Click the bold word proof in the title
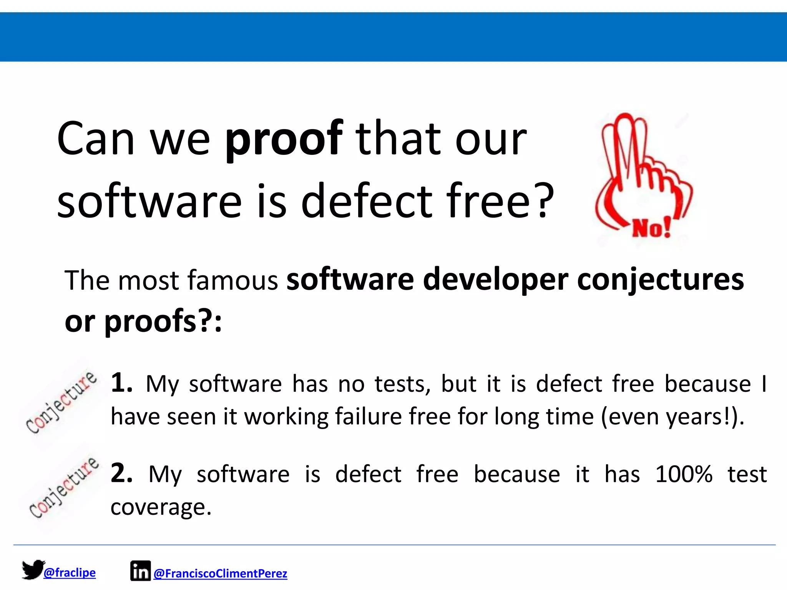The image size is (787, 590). click(284, 139)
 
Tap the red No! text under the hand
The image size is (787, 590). click(651, 228)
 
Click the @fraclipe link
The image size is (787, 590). click(70, 573)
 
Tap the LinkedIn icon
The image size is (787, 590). click(140, 571)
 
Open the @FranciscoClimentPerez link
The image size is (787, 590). click(220, 573)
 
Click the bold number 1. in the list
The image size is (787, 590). click(122, 383)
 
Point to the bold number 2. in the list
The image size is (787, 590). click(122, 473)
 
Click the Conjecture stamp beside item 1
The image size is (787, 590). click(61, 402)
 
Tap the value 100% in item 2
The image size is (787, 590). click(684, 474)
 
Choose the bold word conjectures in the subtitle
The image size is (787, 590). click(660, 280)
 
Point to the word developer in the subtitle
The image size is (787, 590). click(495, 280)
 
